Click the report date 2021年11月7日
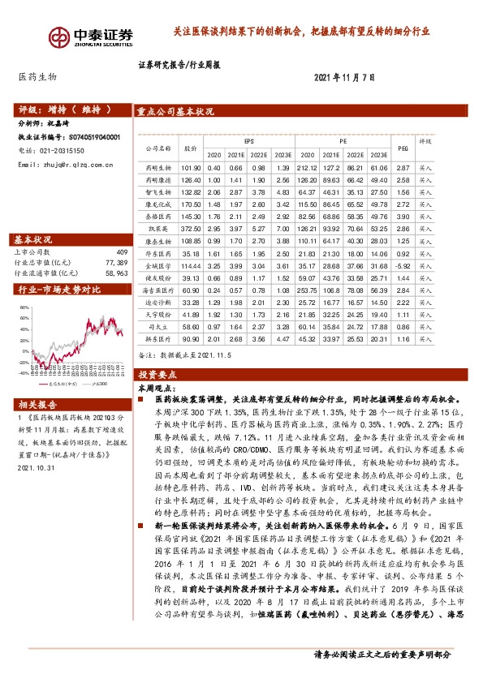click(x=346, y=77)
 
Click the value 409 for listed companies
click(x=122, y=253)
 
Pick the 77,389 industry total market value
click(x=116, y=264)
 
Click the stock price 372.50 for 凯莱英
click(x=192, y=230)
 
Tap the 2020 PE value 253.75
click(x=308, y=290)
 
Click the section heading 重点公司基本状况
click(x=175, y=112)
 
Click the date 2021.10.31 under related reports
click(x=34, y=467)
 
